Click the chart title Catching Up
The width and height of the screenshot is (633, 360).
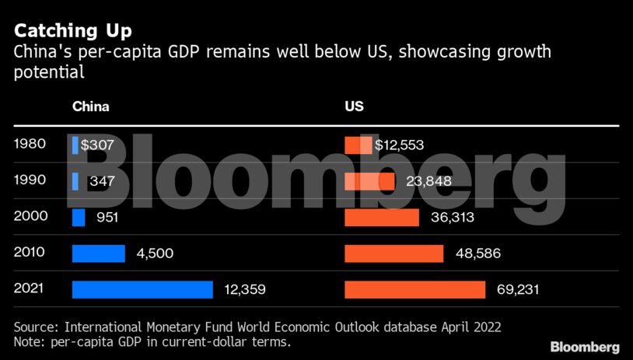[x=72, y=31]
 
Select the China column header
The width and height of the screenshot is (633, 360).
[x=90, y=107]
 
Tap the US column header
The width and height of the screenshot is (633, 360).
[x=354, y=107]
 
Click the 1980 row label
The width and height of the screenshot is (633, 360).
[x=30, y=145]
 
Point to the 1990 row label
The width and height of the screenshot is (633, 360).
[x=30, y=180]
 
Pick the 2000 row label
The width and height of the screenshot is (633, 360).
[x=30, y=217]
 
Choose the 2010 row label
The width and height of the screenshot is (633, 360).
[x=30, y=253]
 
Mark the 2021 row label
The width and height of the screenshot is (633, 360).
[x=30, y=289]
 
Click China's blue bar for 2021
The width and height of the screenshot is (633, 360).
[x=142, y=289]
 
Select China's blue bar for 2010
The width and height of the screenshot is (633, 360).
[x=99, y=253]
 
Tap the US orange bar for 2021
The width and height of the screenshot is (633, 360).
[x=415, y=289]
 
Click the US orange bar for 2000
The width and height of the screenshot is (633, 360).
[x=382, y=217]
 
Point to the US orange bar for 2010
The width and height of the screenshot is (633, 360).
[x=394, y=253]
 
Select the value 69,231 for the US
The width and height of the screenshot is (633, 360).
[x=517, y=290]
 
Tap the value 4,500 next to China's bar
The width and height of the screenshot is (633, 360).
[x=155, y=253]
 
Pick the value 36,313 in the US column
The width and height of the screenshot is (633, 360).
[x=452, y=218]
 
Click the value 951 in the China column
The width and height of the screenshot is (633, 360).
[x=107, y=218]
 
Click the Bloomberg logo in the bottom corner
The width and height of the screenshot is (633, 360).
[x=585, y=346]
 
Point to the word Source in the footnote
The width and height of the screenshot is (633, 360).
[x=36, y=327]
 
